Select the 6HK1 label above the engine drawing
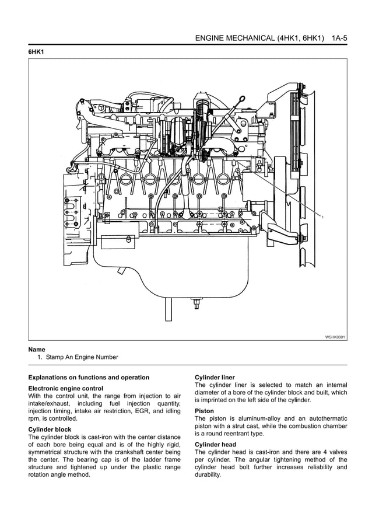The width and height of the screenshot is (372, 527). click(x=37, y=52)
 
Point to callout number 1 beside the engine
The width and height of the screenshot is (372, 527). click(x=322, y=217)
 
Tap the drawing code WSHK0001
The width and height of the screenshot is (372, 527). click(x=335, y=337)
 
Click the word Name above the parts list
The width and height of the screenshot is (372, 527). click(x=37, y=350)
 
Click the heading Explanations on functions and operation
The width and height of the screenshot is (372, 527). click(x=89, y=378)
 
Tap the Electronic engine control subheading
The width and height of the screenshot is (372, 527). click(x=66, y=388)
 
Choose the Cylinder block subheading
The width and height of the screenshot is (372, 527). click(x=50, y=430)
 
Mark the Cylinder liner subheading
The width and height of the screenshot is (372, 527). click(x=215, y=378)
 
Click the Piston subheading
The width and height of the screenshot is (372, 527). click(x=204, y=411)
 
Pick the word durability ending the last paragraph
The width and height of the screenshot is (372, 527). click(x=208, y=474)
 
